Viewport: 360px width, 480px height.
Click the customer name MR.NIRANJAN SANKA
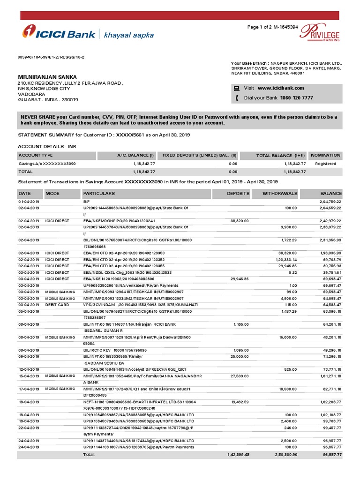click(47, 77)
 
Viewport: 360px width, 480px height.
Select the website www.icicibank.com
click(281, 88)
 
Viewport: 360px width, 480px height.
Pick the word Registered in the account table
click(326, 164)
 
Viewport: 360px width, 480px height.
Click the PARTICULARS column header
click(99, 193)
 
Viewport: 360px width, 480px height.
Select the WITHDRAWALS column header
click(280, 193)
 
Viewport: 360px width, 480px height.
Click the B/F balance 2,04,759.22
click(330, 201)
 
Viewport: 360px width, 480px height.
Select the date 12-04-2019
click(29, 369)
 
